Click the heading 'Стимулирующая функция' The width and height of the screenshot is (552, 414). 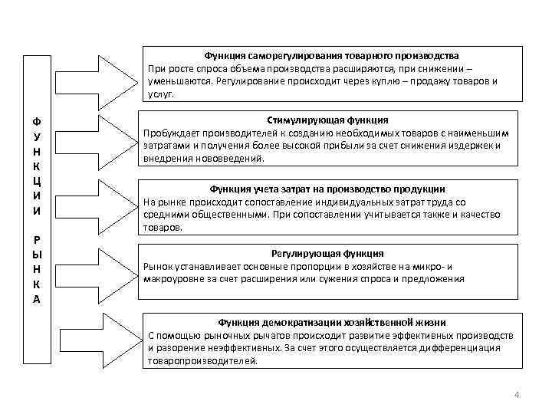click(327, 120)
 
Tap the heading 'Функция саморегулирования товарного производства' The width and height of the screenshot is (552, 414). click(331, 56)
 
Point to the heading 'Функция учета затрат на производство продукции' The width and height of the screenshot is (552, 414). click(327, 189)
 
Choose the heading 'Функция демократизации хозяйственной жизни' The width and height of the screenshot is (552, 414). click(331, 323)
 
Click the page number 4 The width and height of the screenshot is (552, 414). click(517, 395)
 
